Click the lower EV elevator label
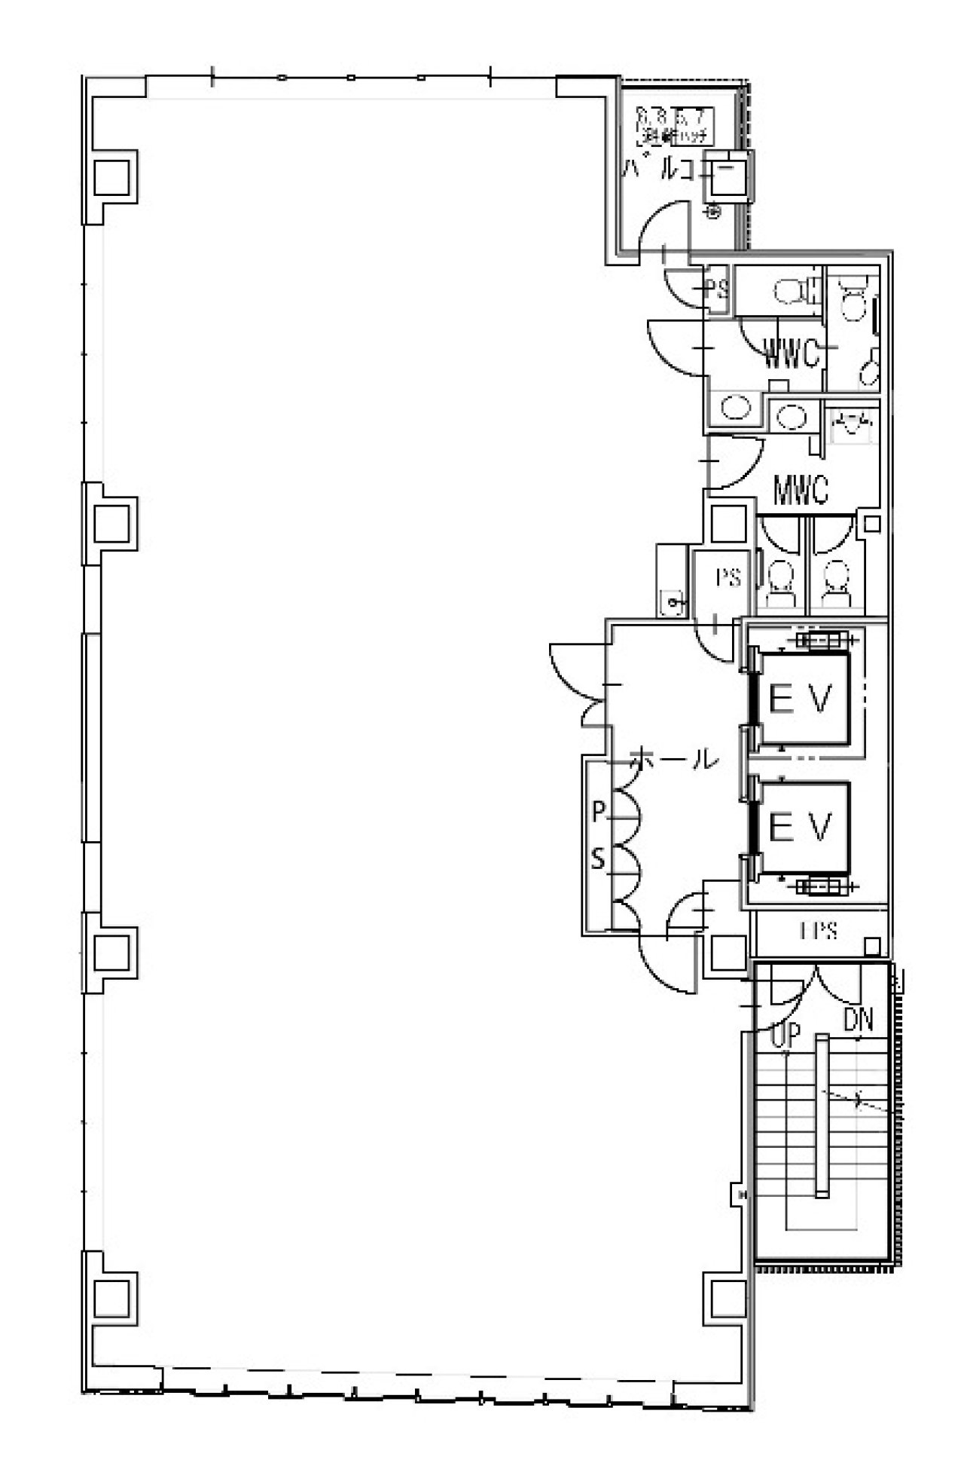[x=800, y=828]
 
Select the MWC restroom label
[x=801, y=490]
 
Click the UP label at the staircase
[x=786, y=1035]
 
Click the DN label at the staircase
[x=858, y=1020]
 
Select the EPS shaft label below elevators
[x=819, y=931]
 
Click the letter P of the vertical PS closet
[x=598, y=812]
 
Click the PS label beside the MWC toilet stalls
[x=728, y=577]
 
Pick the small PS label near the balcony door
[x=717, y=288]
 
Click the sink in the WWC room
[x=736, y=408]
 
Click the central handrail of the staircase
[x=822, y=1115]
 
